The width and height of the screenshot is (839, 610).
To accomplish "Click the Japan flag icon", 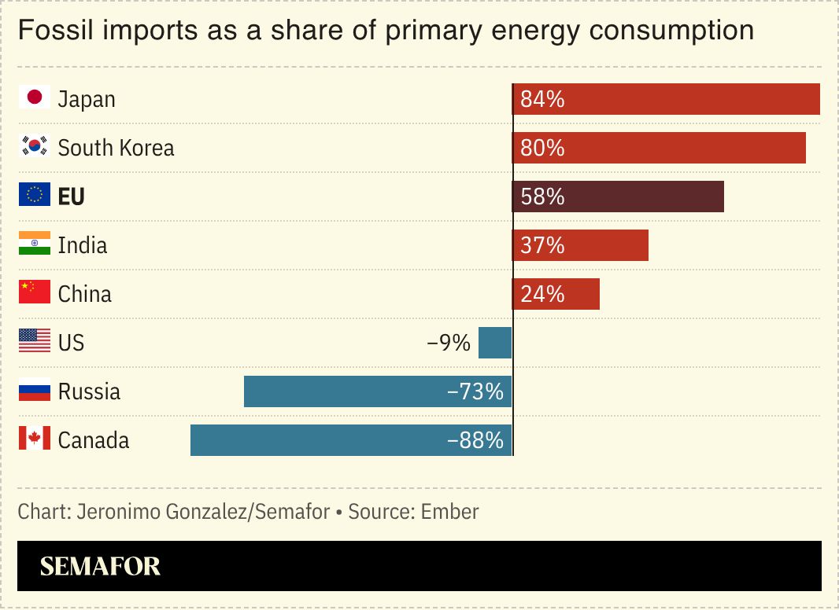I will coord(34,98).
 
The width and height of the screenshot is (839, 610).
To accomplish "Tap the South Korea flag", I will coord(34,147).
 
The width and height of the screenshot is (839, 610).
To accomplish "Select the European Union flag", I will coord(34,196).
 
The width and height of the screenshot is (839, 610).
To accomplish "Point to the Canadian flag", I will coord(34,439).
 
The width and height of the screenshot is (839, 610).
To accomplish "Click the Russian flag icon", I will coord(34,391).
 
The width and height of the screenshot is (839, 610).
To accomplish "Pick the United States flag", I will coord(34,342).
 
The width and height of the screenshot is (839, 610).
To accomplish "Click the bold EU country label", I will coord(71,197).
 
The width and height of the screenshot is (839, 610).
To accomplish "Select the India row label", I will coord(83,245).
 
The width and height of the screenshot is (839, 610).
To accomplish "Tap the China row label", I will coord(85,294).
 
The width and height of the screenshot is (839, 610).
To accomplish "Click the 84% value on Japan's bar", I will coord(542,100).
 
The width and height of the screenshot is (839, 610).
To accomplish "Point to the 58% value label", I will coord(542,197).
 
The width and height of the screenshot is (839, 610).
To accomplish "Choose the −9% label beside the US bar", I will coord(448,343).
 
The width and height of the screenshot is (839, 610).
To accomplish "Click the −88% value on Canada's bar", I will coord(475,440).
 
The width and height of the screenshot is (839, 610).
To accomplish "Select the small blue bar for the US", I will coord(495,343).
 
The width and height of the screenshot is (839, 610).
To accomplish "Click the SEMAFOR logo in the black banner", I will coord(100,566).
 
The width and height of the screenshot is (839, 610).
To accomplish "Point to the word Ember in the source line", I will coord(449,512).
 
